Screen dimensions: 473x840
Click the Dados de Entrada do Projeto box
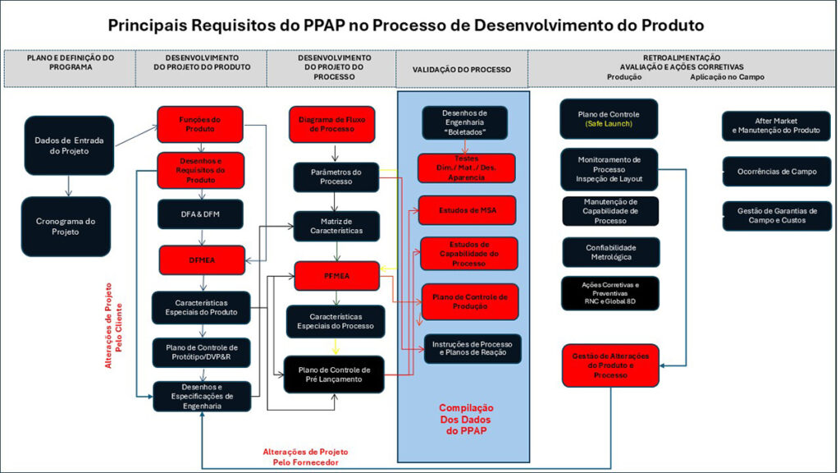pyautogui.click(x=69, y=145)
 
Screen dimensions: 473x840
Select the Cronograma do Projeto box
pyautogui.click(x=66, y=226)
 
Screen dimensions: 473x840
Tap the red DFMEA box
pyautogui.click(x=200, y=260)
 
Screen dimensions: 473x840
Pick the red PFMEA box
pyautogui.click(x=336, y=276)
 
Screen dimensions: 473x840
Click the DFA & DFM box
pyautogui.click(x=200, y=214)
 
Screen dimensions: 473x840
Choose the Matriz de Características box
pyautogui.click(x=336, y=226)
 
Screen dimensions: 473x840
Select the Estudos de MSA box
pyautogui.click(x=467, y=210)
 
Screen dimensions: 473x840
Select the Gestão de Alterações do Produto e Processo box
pyautogui.click(x=609, y=365)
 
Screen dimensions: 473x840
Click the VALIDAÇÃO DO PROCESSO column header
pyautogui.click(x=462, y=70)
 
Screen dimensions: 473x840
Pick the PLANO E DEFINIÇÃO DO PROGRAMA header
pyautogui.click(x=71, y=63)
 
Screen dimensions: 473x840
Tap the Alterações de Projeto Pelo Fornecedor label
pyautogui.click(x=305, y=457)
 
